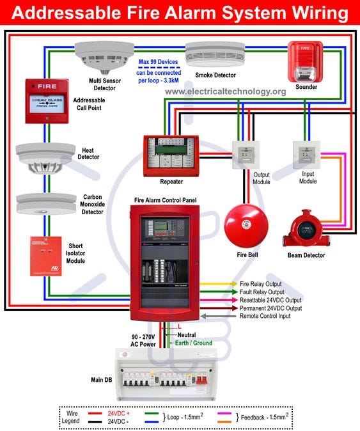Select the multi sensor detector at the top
point(103,56)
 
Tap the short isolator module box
point(46,256)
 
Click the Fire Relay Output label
point(260,283)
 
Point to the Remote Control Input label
point(265,316)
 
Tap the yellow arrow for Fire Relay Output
point(217,283)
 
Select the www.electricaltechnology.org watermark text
point(225,91)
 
